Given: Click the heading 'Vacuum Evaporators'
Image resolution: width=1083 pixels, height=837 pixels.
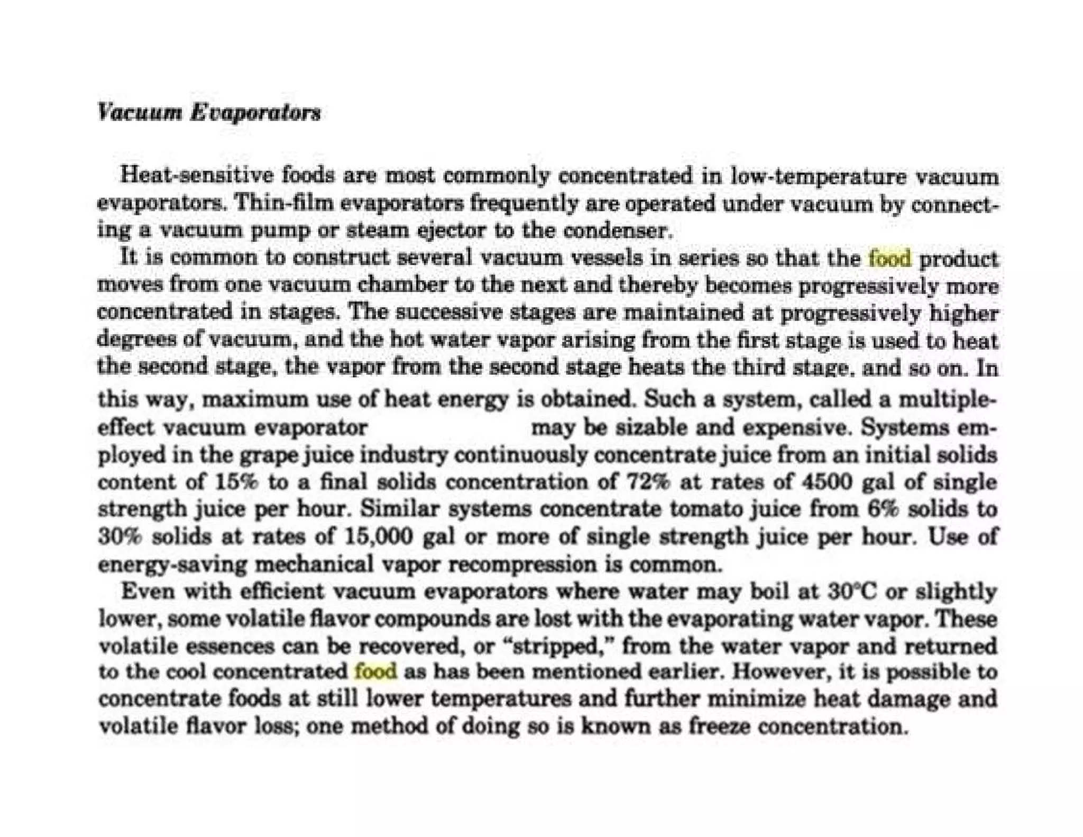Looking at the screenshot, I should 209,113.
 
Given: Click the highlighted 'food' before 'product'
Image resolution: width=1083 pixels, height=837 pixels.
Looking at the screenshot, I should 890,259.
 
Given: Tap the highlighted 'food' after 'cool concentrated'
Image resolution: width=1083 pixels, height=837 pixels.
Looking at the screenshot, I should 375,671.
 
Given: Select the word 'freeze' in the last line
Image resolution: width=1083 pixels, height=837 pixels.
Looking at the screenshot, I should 720,726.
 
